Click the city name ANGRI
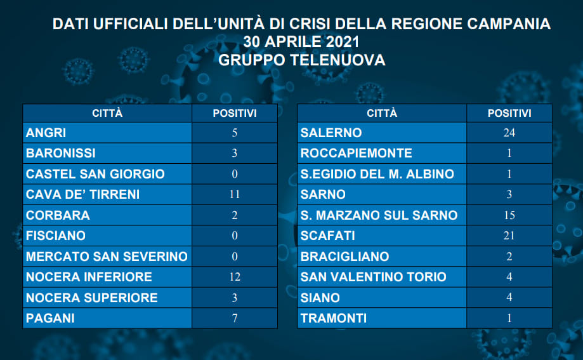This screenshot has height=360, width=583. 46,133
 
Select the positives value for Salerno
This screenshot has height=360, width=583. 509,133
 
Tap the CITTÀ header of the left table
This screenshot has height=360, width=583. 107,113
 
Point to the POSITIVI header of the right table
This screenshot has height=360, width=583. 509,113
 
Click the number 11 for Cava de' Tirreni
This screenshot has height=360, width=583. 235,194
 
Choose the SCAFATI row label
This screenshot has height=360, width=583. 327,236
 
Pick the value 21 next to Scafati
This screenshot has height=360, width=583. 509,236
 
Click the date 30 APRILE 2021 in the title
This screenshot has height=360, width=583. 301,42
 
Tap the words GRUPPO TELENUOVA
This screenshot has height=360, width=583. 301,60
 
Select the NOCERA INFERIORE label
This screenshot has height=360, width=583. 89,277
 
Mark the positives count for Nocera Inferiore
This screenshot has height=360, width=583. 235,277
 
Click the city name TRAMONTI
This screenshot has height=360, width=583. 334,318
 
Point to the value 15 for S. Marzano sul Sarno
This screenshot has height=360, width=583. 509,215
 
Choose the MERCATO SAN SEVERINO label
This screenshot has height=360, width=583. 107,257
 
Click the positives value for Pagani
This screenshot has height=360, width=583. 235,318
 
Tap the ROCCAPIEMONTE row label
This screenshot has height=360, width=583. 356,154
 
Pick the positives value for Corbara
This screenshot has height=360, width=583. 235,215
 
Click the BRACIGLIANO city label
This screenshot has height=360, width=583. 344,257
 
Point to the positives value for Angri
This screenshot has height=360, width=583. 235,133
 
